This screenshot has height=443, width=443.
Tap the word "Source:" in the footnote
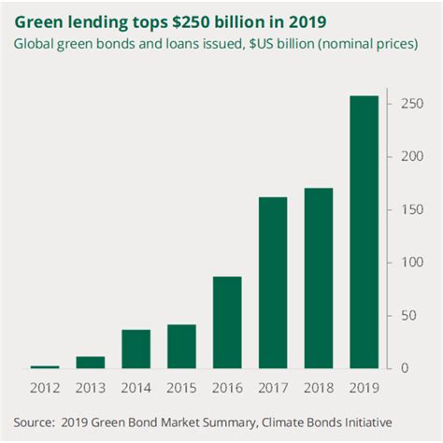pyautogui.click(x=36, y=422)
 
